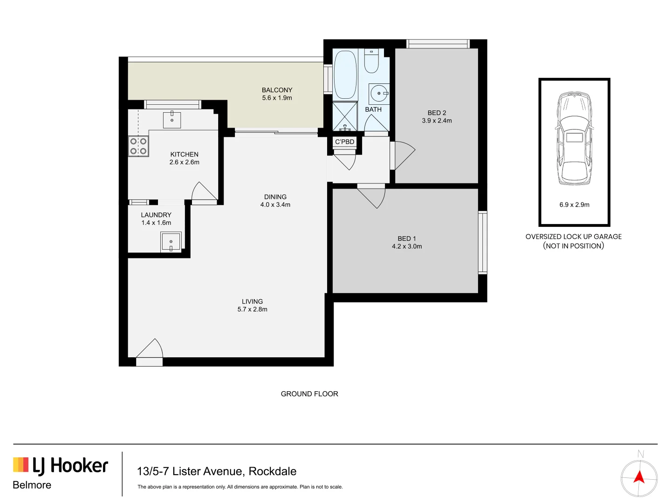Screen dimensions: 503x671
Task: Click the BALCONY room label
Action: [x=277, y=90]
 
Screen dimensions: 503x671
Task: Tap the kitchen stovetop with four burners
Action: [x=138, y=146]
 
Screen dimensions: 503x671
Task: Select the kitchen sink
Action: [x=172, y=120]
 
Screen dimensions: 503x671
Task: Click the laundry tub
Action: [x=171, y=242]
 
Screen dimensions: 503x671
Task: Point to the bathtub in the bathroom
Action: [x=345, y=74]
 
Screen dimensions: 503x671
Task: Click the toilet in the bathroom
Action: [x=371, y=61]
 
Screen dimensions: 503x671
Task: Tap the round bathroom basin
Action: [x=379, y=93]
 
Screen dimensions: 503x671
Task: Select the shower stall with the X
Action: [x=345, y=116]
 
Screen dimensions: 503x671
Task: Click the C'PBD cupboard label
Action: [x=345, y=142]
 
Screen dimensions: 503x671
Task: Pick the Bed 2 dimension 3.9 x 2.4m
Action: [x=437, y=121]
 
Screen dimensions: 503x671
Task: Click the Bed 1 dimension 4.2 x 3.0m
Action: [x=407, y=246]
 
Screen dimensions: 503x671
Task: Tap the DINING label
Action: [x=275, y=197]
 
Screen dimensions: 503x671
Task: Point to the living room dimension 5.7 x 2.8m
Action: [x=252, y=309]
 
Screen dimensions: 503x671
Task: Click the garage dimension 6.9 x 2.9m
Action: [x=574, y=204]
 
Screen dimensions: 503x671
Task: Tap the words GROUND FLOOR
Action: [x=309, y=394]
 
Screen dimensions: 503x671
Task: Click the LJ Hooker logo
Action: [x=61, y=466]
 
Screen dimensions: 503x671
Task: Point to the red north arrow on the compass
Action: [x=639, y=477]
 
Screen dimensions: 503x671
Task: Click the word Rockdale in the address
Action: [x=273, y=471]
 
